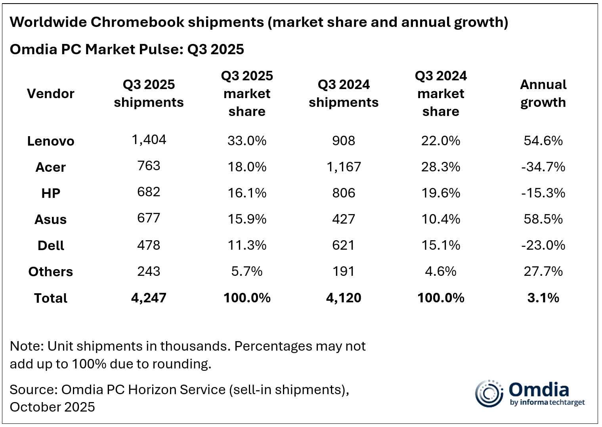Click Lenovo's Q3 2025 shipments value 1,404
click(149, 139)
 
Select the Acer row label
click(50, 167)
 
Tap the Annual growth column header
click(543, 93)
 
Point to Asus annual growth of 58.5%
click(543, 219)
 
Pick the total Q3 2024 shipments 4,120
click(344, 298)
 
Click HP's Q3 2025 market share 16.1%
click(247, 193)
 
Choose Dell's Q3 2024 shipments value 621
click(344, 245)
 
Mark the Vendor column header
click(50, 93)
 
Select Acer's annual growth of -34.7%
click(543, 167)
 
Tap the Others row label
click(50, 271)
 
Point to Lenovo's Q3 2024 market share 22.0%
click(441, 140)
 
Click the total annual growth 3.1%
click(543, 298)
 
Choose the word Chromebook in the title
click(137, 22)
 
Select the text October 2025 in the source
click(52, 407)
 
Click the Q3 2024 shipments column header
click(344, 93)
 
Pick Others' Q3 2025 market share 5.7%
click(247, 271)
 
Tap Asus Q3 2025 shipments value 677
click(149, 218)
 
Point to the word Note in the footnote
click(26, 346)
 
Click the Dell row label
click(50, 245)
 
